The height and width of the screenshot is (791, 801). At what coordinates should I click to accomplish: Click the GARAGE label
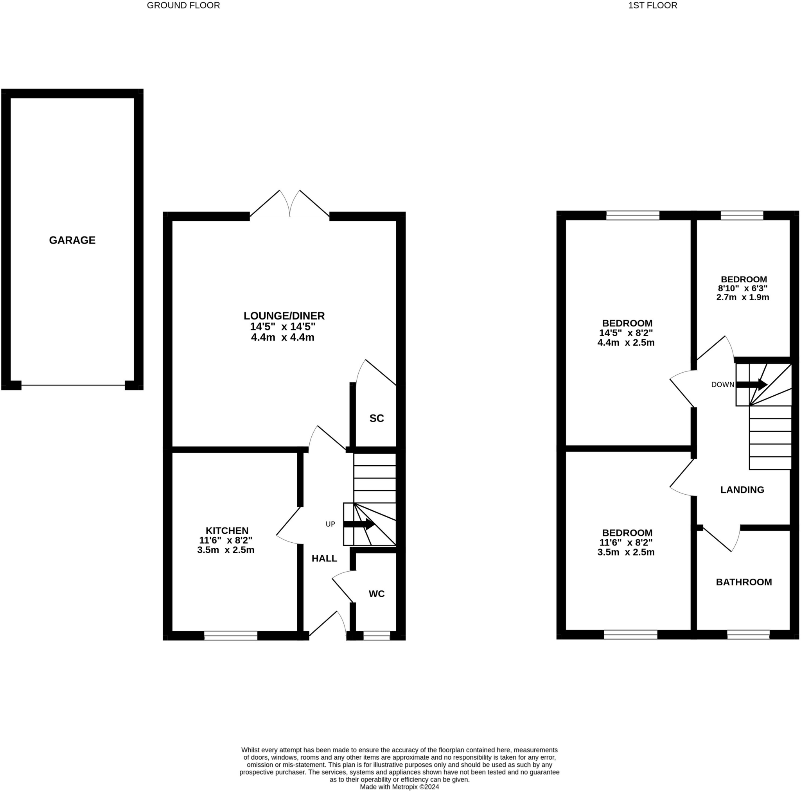tap(72, 240)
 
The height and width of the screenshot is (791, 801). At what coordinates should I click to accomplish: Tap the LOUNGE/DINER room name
tap(284, 316)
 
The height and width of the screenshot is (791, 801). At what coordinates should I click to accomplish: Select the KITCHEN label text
tap(227, 531)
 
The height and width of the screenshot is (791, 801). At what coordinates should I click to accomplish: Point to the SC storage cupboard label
tap(377, 418)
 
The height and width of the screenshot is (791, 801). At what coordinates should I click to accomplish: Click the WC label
tap(377, 594)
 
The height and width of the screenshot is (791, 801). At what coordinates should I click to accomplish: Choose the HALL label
tap(324, 558)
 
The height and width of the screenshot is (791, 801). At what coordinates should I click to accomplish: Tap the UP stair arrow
tap(359, 524)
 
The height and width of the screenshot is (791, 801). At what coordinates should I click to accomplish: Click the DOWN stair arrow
tap(751, 384)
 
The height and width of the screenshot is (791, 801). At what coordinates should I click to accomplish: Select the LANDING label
tap(742, 490)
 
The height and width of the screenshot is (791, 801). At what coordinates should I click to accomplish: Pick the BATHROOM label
tap(744, 582)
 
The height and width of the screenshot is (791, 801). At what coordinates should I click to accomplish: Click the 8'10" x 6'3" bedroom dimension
tap(743, 288)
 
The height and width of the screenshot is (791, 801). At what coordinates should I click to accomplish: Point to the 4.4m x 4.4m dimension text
tap(283, 337)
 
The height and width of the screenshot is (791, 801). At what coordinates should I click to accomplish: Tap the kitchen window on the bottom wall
tap(230, 635)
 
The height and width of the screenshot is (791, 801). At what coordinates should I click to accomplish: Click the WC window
tap(377, 635)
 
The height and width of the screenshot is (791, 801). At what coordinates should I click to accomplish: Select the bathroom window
tap(748, 634)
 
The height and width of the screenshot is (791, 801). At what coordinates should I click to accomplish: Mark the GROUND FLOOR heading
tap(183, 5)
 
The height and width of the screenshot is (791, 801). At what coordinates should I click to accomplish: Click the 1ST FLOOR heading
tap(653, 5)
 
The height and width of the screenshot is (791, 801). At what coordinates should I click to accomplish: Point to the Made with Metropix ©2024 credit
tap(399, 786)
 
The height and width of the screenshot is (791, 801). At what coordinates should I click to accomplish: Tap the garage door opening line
tap(73, 385)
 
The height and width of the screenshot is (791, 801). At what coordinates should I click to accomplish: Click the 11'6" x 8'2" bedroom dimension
tap(626, 542)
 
